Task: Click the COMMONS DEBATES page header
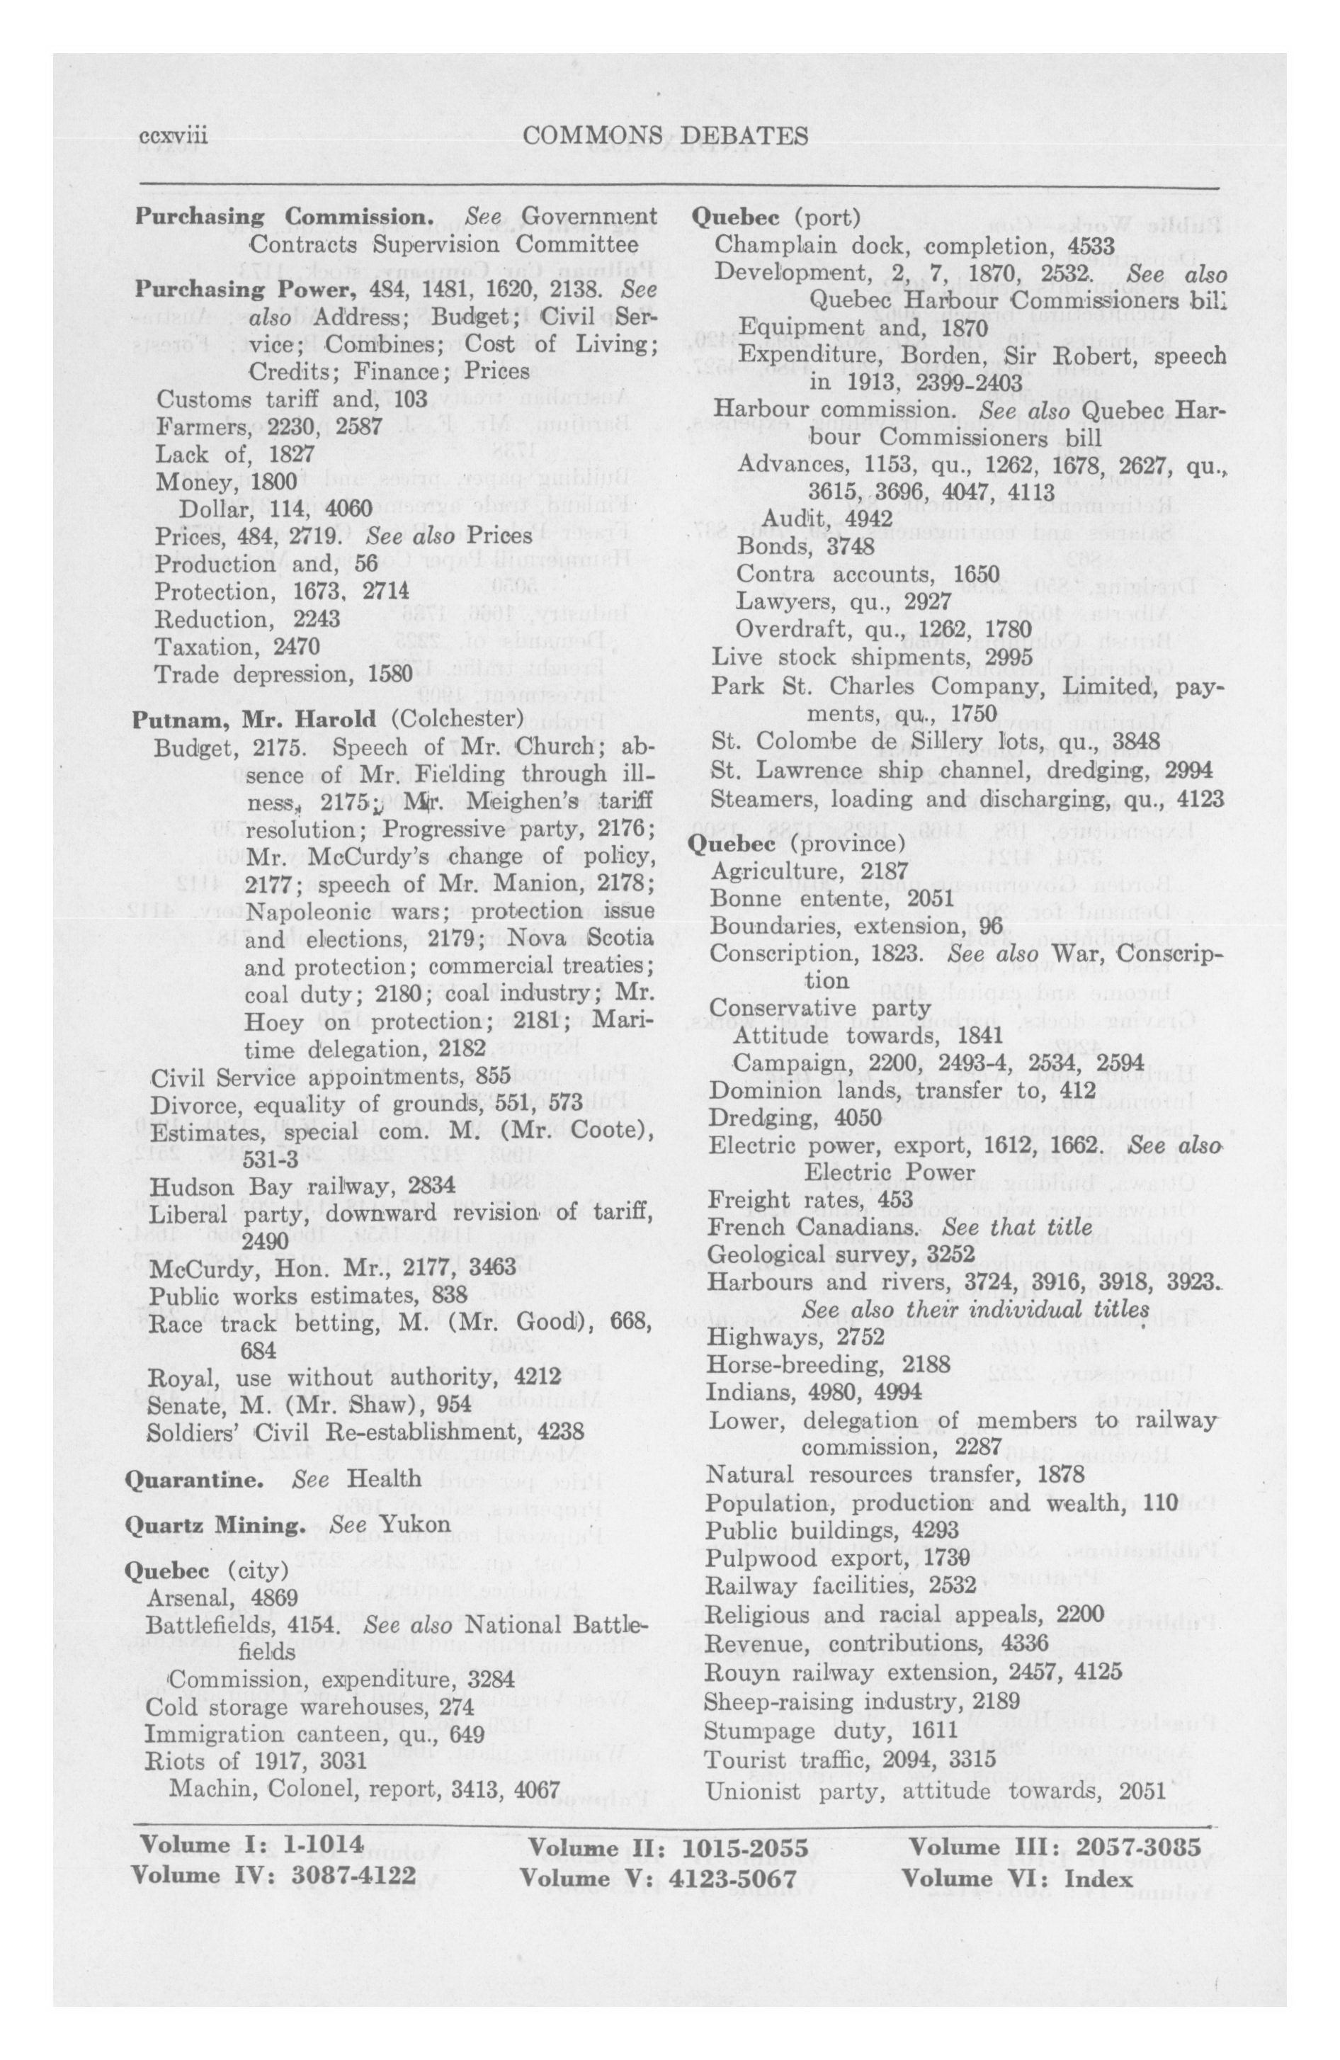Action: point(666,136)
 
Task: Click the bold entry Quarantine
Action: point(195,1478)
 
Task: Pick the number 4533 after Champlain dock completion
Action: point(1091,245)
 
